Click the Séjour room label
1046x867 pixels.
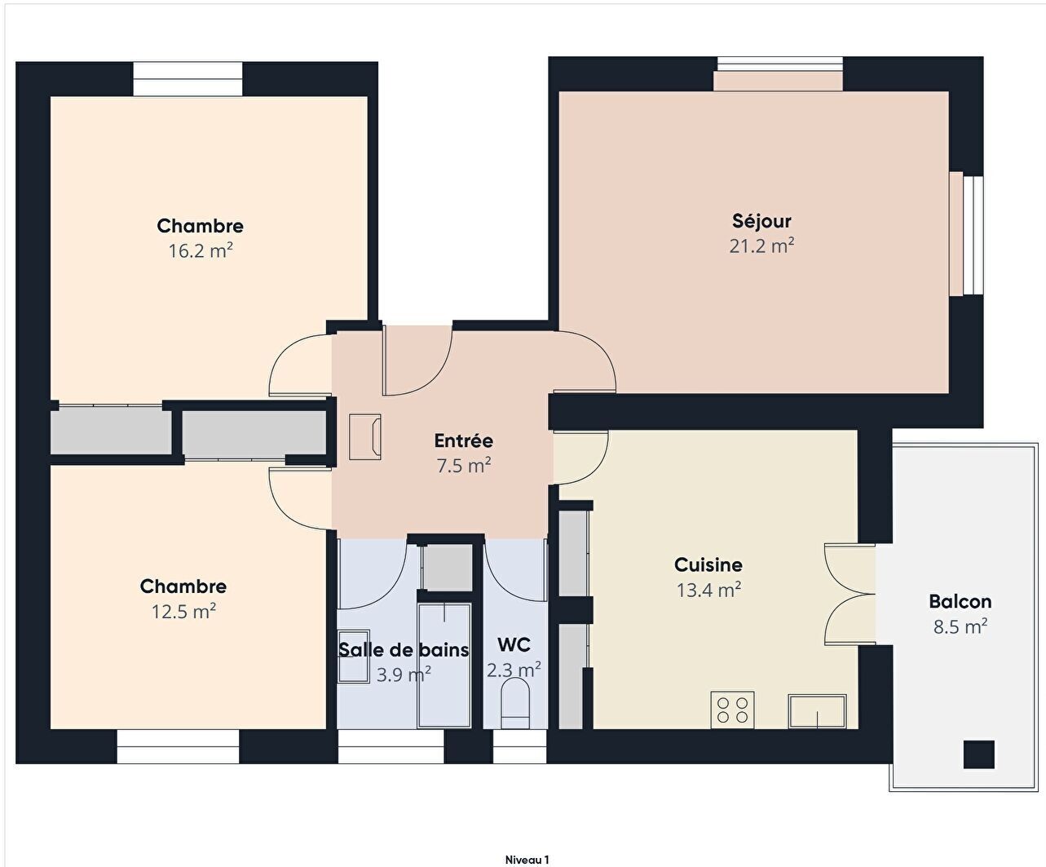761,221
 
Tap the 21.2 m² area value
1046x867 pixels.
761,246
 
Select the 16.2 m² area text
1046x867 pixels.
201,250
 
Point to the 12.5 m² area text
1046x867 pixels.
184,612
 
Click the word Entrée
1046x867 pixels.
463,440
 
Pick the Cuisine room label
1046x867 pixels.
708,564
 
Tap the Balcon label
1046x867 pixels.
960,601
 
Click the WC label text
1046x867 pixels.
514,644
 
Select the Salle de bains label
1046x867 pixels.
404,650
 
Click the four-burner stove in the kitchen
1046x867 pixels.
732,710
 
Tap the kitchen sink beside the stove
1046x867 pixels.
817,711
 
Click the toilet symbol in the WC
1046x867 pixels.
515,703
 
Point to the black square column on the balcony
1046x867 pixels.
979,754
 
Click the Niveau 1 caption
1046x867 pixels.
527,860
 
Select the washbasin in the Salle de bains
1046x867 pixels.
354,656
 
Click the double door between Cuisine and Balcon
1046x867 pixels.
850,594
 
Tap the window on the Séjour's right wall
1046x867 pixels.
966,234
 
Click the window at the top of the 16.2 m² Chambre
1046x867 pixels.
188,78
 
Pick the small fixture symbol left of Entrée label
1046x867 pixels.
364,436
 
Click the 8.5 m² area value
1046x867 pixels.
960,626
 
